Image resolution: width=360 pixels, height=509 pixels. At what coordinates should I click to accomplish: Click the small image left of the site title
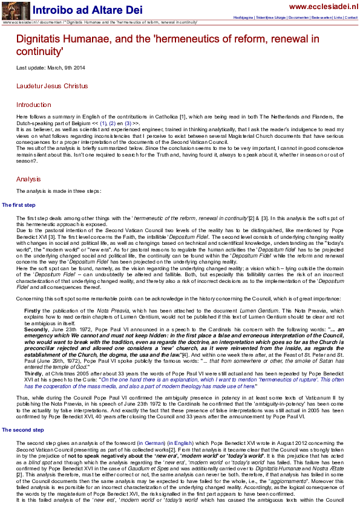(15, 10)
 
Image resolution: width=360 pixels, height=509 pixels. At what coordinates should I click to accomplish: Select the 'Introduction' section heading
(34, 105)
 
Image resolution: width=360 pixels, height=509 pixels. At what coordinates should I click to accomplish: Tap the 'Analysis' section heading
(28, 179)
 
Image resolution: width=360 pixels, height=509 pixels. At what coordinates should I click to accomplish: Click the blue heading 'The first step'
(19, 206)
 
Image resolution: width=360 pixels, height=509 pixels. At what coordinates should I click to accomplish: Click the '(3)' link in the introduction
(128, 123)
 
